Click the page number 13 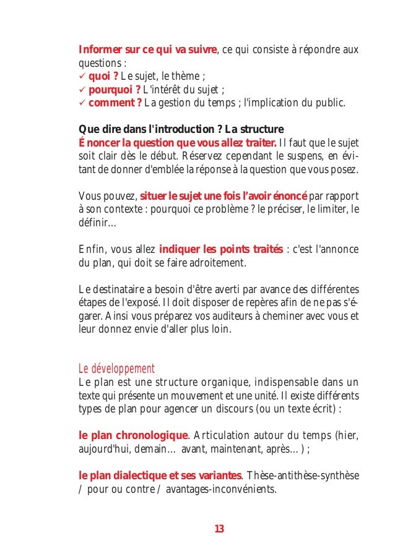tap(219, 529)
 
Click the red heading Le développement tap(116, 369)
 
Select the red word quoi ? tap(103, 77)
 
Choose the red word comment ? tap(115, 102)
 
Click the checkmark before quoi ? tap(82, 77)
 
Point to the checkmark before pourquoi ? tap(82, 89)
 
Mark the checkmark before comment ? tap(82, 102)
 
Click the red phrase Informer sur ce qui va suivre tap(147, 49)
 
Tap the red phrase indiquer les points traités tap(219, 250)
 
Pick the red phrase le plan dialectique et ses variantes tap(160, 476)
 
